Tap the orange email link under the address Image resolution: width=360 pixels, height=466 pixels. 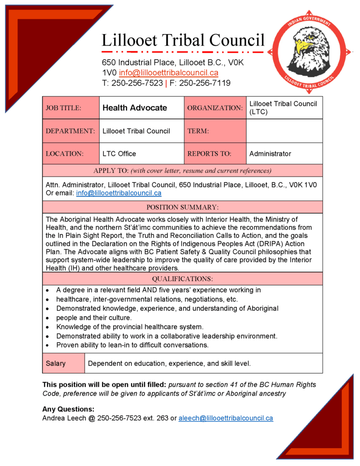point(168,73)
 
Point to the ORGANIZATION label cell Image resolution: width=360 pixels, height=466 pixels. point(215,108)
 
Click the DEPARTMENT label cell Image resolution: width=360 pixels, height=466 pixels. point(71,131)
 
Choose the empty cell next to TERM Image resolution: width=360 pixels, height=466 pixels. point(284,131)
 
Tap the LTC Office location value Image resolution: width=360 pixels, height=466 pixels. point(119,154)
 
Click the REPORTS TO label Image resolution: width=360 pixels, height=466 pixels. point(209,154)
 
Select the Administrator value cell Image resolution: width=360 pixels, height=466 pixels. point(270,154)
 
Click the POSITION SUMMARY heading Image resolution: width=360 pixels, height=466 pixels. point(182,207)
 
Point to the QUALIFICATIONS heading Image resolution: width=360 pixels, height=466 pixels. point(182,279)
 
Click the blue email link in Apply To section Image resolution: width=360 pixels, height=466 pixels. point(119,193)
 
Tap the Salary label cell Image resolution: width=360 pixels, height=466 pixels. point(56,364)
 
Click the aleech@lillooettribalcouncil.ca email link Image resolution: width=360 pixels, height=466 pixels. point(226,418)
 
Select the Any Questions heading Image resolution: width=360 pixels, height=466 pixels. point(68,409)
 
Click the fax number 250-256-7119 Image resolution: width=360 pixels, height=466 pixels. point(205,83)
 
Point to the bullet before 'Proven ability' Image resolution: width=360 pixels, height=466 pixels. point(48,345)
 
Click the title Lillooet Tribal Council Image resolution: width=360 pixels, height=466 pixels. point(183,40)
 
